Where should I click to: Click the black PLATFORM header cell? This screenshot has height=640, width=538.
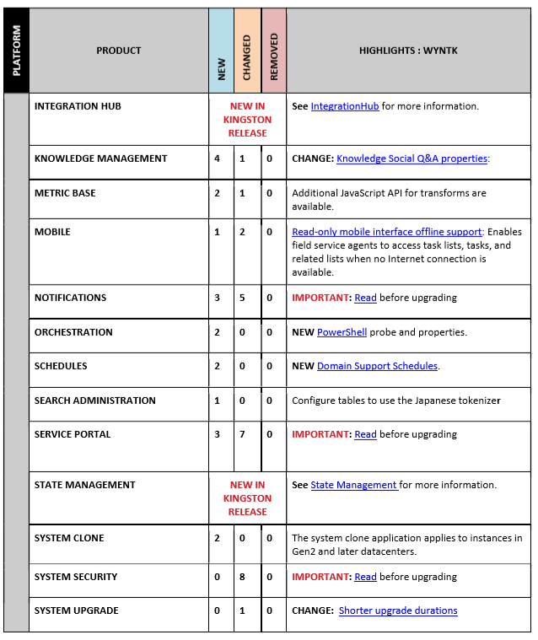tap(17, 51)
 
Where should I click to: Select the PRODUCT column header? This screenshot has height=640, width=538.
tap(119, 51)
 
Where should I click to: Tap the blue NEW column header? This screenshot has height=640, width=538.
tap(222, 51)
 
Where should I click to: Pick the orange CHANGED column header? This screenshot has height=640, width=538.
tap(247, 51)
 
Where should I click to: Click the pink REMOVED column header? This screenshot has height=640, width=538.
tap(273, 51)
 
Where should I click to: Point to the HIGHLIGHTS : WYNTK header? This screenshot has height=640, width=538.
tap(408, 51)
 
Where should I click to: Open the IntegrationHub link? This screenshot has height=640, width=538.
tap(346, 106)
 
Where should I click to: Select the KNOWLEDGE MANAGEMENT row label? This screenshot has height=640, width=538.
tap(100, 159)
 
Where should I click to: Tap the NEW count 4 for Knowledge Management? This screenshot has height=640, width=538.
tap(218, 159)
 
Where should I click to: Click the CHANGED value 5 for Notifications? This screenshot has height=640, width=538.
tap(243, 298)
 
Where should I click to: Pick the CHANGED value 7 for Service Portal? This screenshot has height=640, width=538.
tap(243, 434)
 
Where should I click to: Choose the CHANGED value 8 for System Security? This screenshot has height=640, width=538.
tap(243, 577)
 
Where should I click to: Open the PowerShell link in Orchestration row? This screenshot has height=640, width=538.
tap(342, 332)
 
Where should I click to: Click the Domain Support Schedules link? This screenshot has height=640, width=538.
tap(377, 366)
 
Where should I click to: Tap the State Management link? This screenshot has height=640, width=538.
tap(354, 485)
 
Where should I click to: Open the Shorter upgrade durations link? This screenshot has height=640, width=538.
tap(398, 610)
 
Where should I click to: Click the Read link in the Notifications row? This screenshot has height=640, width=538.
tap(365, 298)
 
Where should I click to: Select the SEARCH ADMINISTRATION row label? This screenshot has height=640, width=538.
tap(94, 401)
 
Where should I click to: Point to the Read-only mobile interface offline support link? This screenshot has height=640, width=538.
tap(387, 232)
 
